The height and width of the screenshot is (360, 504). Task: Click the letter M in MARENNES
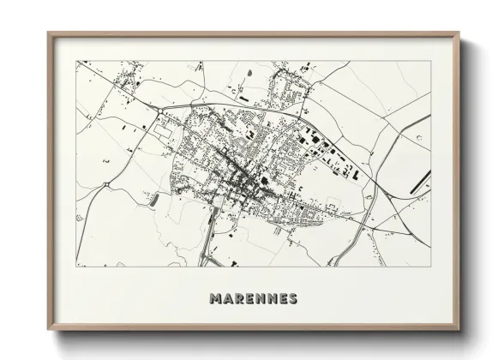click(214, 299)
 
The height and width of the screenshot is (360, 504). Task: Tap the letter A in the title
click(227, 299)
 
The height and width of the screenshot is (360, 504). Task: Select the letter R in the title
click(238, 299)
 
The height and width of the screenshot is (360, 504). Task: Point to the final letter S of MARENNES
click(292, 299)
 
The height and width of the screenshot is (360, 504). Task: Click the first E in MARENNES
click(249, 299)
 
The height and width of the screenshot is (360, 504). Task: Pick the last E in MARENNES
click(282, 299)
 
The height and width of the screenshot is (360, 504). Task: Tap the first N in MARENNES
click(260, 299)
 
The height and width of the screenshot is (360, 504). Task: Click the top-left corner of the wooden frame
click(49, 33)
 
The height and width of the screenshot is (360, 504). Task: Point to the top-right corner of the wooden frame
click(459, 33)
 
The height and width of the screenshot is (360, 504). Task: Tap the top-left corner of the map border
click(76, 61)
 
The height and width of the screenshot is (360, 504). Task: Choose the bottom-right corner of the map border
click(431, 266)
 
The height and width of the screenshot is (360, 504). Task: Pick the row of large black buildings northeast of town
click(330, 154)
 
